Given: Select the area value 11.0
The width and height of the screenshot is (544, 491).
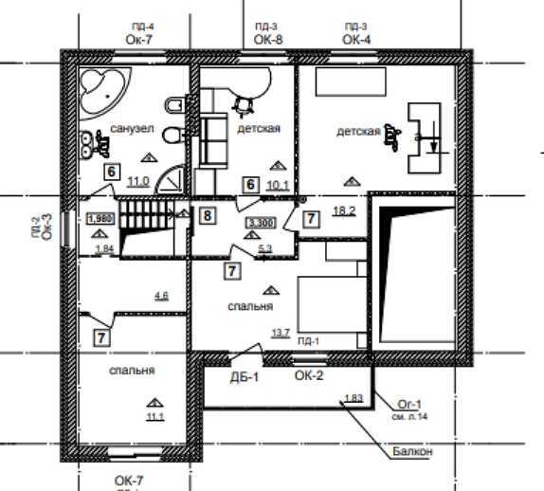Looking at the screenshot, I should point(138,180).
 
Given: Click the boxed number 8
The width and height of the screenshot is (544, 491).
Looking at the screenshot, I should point(208,216).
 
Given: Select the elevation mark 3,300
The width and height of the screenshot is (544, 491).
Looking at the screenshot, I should point(260,224).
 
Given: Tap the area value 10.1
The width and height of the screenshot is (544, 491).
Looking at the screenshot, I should point(278,185).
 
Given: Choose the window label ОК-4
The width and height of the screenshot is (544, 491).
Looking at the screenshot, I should point(356,39).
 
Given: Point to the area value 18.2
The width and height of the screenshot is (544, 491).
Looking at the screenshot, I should point(345,210).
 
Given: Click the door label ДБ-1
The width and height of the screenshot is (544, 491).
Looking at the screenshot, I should point(245,377).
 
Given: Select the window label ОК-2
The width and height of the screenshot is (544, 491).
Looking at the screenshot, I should point(309,377).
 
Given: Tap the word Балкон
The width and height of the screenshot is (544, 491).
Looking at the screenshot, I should point(412,452).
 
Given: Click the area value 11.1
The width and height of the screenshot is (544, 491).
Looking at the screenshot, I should point(155,416).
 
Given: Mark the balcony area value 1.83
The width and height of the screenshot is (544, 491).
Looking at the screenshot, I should point(354,398).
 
